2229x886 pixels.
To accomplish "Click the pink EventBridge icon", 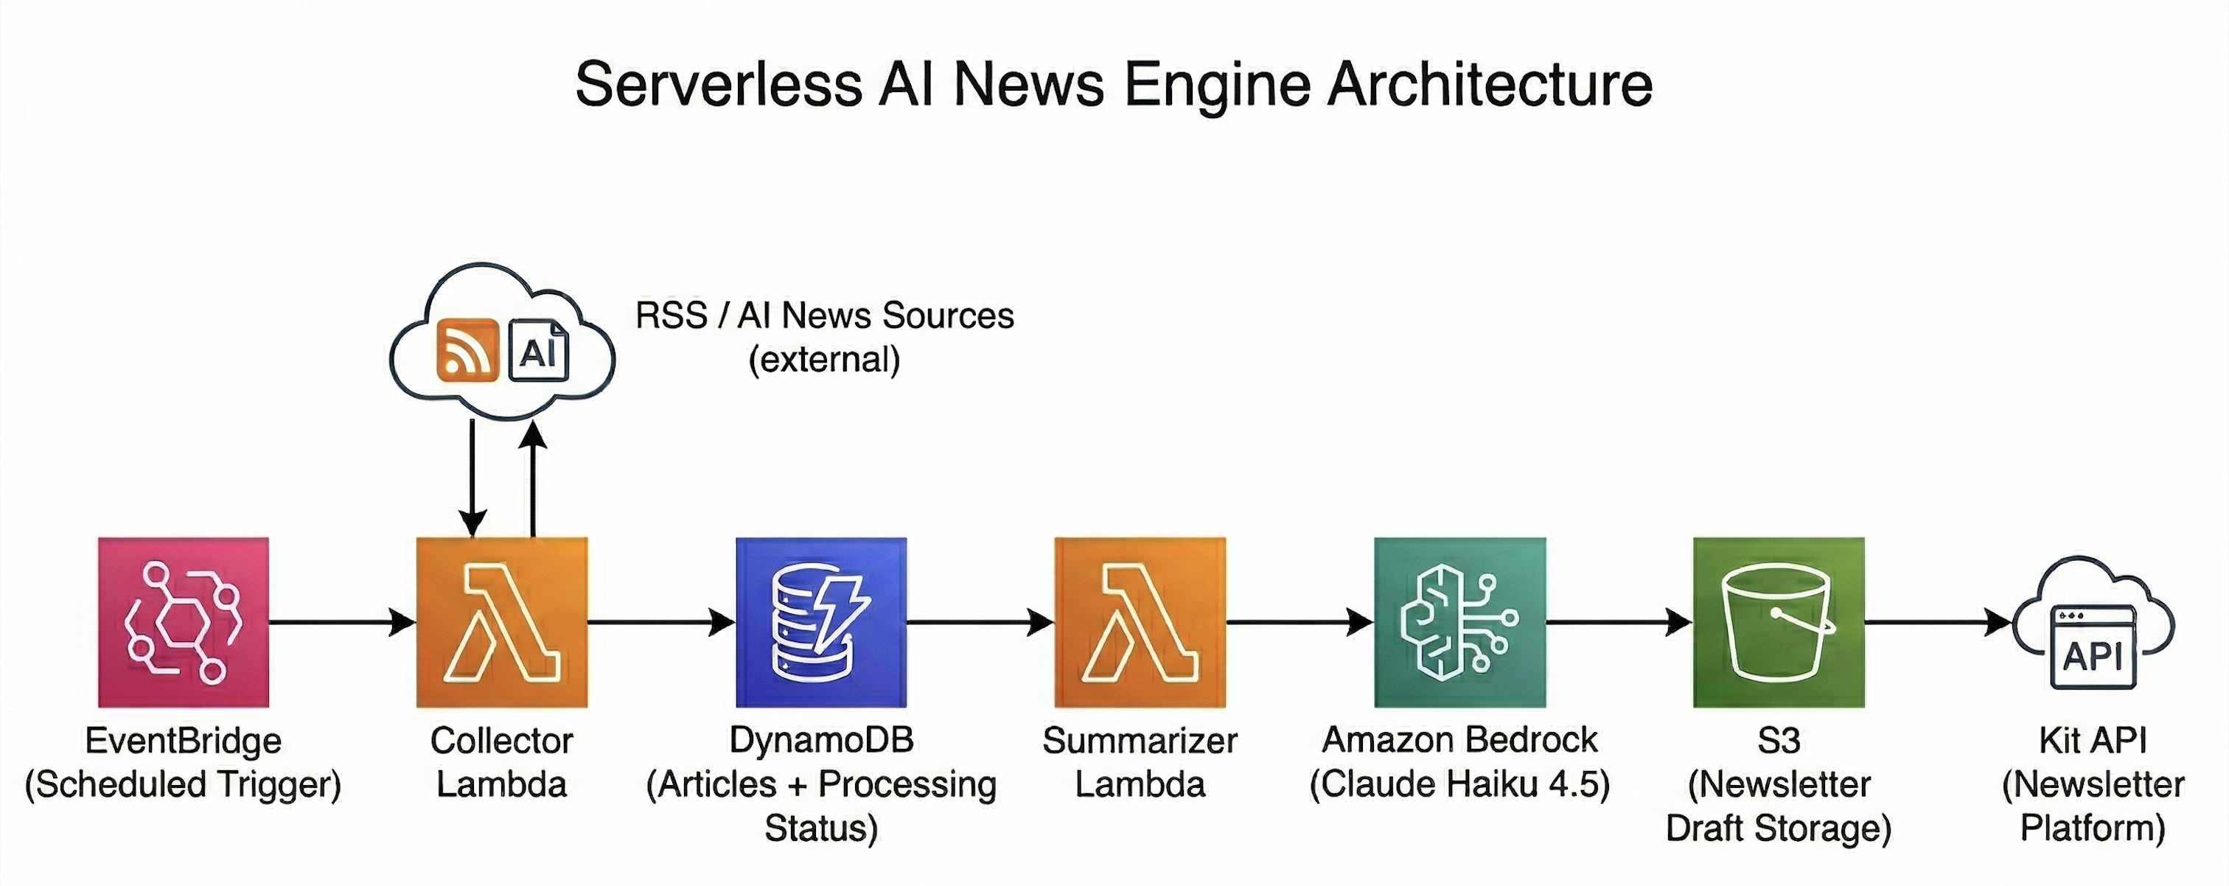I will [x=183, y=621].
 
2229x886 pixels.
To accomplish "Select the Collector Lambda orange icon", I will [x=502, y=621].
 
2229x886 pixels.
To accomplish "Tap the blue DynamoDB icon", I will [x=821, y=621].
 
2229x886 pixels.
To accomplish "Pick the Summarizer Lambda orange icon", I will [x=1140, y=621].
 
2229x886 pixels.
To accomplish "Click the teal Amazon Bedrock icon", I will [x=1459, y=621].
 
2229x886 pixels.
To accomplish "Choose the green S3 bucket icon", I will [x=1778, y=621].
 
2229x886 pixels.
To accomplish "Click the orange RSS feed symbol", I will [x=467, y=349].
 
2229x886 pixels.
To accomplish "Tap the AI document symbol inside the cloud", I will [x=538, y=349].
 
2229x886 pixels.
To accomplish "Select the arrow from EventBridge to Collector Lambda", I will [x=343, y=621].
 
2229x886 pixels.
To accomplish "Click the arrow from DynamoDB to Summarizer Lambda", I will [x=980, y=621].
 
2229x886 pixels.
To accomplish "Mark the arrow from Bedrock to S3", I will [x=1619, y=621].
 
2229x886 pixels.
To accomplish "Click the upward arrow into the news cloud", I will [x=533, y=480].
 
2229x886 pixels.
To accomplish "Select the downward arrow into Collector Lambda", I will [x=472, y=480].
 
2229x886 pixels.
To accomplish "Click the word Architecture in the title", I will [x=1489, y=85].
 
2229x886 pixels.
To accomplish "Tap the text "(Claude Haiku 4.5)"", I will [x=1459, y=784].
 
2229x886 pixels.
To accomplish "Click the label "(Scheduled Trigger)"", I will [x=183, y=784].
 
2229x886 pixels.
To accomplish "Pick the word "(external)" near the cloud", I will [x=824, y=359].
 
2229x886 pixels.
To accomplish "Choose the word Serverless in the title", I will [x=718, y=85].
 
